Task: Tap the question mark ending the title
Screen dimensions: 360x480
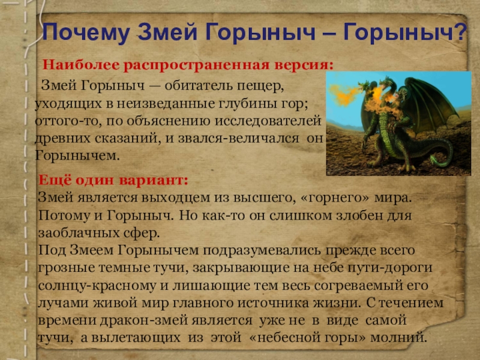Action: point(460,31)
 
